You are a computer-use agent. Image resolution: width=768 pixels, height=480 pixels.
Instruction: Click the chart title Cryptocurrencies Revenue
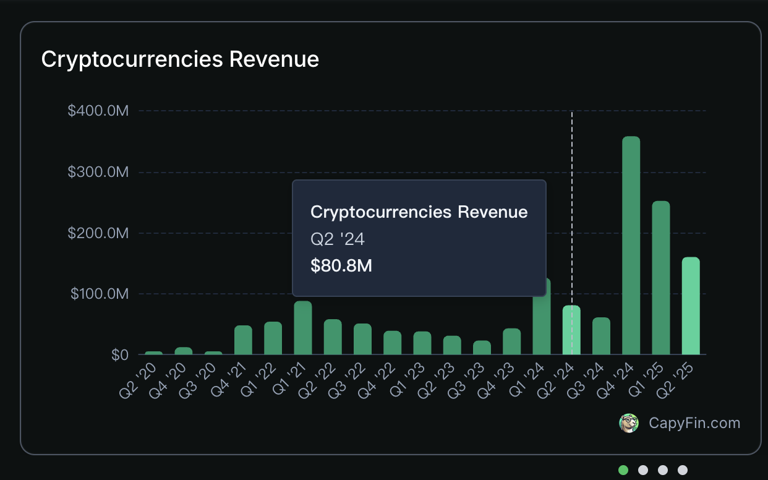(x=180, y=59)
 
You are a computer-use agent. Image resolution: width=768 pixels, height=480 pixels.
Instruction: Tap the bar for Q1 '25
(x=661, y=278)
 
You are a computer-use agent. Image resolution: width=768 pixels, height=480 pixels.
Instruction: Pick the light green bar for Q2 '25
(x=691, y=306)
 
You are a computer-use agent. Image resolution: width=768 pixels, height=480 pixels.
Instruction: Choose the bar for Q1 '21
(x=303, y=328)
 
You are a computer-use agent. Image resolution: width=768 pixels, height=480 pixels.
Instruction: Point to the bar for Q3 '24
(x=601, y=336)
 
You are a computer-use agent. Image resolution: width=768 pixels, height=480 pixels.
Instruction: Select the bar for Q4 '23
(x=511, y=341)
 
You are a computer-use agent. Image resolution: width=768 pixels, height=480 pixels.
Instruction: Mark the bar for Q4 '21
(x=243, y=340)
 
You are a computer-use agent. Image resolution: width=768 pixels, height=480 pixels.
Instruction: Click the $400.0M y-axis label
(x=98, y=111)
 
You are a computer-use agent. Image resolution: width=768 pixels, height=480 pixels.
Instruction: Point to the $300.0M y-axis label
(x=98, y=172)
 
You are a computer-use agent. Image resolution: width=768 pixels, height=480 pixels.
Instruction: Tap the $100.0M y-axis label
(x=100, y=294)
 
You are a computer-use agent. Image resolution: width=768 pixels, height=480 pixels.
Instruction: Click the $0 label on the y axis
(x=119, y=355)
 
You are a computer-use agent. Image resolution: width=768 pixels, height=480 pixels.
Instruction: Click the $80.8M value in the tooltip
(x=341, y=266)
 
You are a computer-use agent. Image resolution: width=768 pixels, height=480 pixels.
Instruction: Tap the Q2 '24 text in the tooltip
(x=338, y=239)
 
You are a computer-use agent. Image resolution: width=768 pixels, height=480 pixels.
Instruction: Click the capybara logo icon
(x=629, y=423)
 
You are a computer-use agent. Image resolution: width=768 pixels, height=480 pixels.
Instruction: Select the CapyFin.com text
(x=694, y=423)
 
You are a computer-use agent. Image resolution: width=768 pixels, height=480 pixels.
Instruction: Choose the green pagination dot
(x=623, y=470)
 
